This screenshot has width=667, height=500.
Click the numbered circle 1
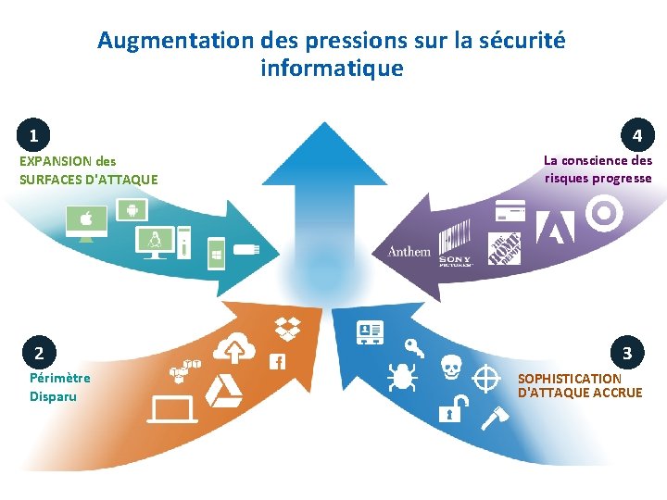33,136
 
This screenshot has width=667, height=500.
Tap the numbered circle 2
39,352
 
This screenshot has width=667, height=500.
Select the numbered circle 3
627,352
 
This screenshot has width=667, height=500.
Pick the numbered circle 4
637,136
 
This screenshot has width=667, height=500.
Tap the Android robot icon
132,210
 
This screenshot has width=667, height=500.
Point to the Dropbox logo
287,327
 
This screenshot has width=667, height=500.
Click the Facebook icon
276,361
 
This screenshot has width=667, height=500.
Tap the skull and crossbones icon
451,368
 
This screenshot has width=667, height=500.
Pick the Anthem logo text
409,251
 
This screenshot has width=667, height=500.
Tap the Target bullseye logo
606,214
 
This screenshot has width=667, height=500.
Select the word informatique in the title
332,69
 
